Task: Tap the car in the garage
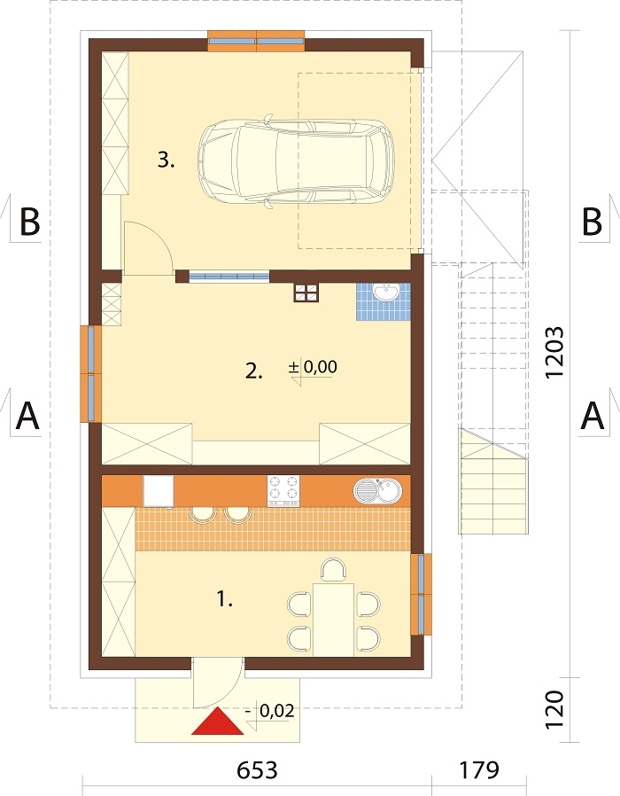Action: tap(298, 162)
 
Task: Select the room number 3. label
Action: tap(166, 160)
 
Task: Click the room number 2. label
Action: tap(253, 372)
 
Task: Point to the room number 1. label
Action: tap(225, 600)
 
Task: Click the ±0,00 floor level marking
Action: tap(313, 367)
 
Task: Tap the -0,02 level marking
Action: tap(269, 711)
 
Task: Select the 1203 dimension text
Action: tap(554, 352)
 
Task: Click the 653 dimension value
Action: tap(257, 770)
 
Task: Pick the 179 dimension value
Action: tap(479, 770)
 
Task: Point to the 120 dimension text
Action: tap(554, 710)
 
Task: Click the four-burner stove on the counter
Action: tap(283, 490)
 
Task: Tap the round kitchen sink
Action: tap(377, 490)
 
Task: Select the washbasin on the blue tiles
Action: tap(387, 293)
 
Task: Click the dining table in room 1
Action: tap(333, 620)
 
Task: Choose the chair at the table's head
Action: tap(333, 569)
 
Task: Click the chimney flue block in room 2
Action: tap(306, 293)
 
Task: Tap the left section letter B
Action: tap(30, 222)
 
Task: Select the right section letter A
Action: tap(592, 416)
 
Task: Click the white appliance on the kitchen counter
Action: tap(159, 490)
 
